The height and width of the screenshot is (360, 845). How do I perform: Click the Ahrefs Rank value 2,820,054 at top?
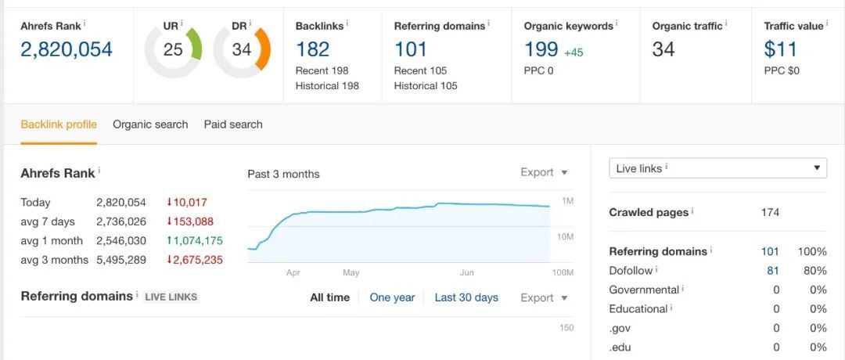[67, 49]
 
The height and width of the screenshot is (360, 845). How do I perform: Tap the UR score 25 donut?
[173, 50]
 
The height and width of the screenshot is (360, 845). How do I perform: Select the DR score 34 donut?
[242, 50]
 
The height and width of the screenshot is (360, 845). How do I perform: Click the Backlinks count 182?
[312, 49]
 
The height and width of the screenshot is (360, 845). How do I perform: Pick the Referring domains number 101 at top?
[411, 49]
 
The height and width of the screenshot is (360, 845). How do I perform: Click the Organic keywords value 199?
[541, 49]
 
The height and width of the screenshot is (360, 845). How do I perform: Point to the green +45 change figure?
[574, 52]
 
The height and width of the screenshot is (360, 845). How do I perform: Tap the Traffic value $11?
[781, 49]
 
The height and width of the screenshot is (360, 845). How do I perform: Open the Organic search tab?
[150, 124]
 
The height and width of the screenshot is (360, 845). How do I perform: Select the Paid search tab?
[233, 124]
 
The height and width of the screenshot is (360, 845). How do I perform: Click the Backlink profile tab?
[59, 124]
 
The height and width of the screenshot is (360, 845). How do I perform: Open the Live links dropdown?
[717, 168]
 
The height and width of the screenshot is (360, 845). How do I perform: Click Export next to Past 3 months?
[544, 173]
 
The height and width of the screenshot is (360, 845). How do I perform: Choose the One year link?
[392, 297]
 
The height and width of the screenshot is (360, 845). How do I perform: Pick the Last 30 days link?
[466, 297]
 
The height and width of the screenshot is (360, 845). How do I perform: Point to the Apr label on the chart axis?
[293, 273]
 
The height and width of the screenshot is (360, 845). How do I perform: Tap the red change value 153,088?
[189, 221]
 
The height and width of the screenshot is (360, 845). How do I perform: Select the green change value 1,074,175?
[194, 240]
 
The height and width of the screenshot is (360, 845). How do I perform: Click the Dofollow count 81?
[773, 271]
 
